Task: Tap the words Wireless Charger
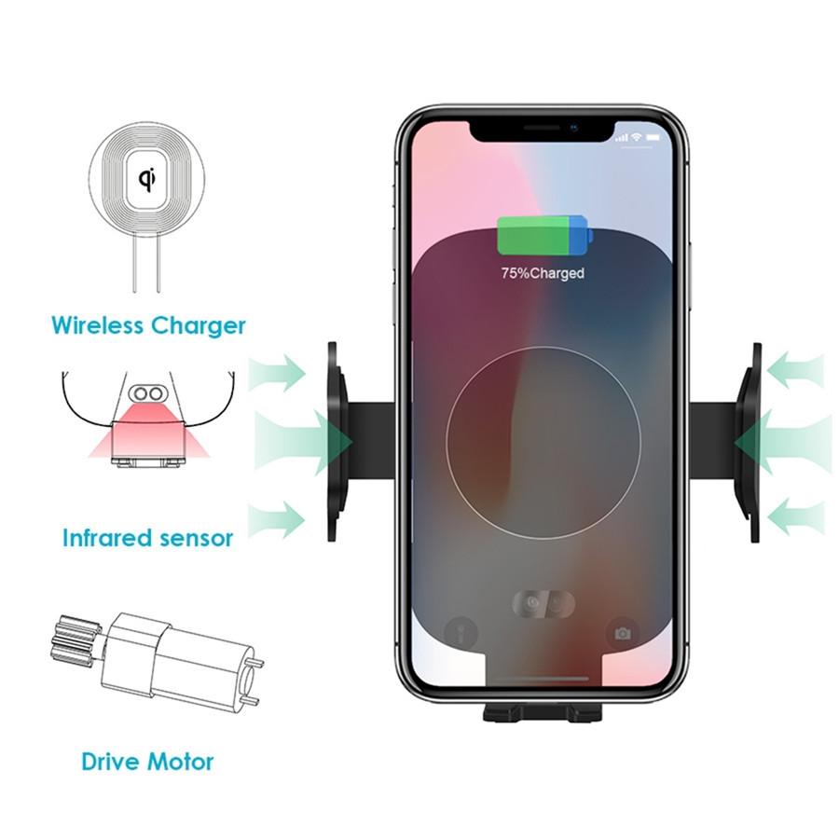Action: click(x=148, y=325)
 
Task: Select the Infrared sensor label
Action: click(x=147, y=538)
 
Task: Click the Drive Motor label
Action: click(x=147, y=761)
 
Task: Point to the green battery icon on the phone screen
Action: click(x=543, y=236)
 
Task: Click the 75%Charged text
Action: click(x=543, y=273)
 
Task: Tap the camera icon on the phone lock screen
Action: click(x=622, y=634)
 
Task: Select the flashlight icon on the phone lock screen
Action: click(x=461, y=634)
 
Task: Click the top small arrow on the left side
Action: click(x=278, y=373)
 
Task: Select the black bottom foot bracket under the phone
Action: click(x=542, y=712)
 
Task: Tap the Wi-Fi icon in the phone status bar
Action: click(x=637, y=137)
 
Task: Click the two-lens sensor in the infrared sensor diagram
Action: click(x=147, y=394)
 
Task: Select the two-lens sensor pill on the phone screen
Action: click(x=543, y=603)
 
